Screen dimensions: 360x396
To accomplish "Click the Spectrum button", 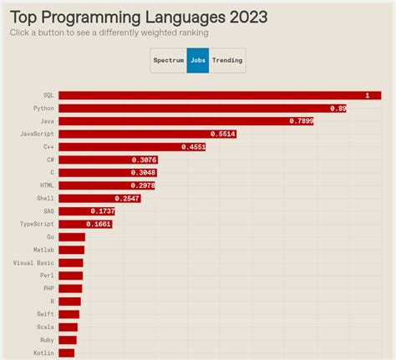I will pos(168,60).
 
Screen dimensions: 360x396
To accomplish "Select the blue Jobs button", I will pos(198,60).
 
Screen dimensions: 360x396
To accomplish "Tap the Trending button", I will pos(227,60).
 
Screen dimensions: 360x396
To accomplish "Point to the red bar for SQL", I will pos(209,95).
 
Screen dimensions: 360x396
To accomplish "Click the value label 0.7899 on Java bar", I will pos(301,121).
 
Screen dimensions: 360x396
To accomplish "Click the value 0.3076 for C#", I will pos(143,160).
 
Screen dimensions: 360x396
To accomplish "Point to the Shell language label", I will pos(45,198).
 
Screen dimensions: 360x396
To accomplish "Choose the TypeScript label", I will pos(37,224).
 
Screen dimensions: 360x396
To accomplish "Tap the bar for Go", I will pos(72,237).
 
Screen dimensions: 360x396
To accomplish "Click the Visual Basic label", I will pos(33,262).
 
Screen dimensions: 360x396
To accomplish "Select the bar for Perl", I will pos(70,276).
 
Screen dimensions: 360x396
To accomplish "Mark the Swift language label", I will pos(45,314).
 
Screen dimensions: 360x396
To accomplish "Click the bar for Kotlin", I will pos(66,352).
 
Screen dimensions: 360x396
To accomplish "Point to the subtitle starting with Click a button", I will pos(109,33).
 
